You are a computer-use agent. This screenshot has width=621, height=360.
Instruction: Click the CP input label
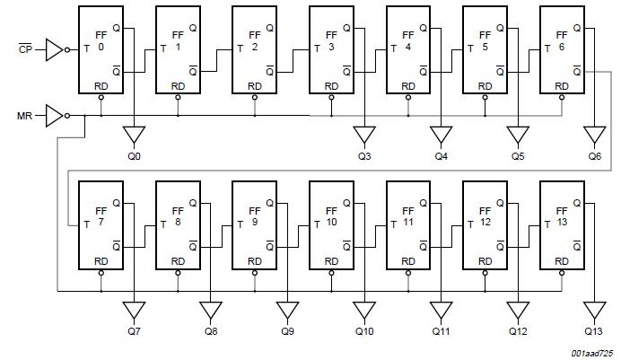25,49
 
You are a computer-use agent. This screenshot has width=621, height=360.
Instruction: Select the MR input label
24,116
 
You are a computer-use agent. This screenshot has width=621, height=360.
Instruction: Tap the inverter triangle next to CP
54,50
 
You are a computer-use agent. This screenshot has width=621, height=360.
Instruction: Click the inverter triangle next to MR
54,116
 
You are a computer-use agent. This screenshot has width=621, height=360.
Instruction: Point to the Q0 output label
134,156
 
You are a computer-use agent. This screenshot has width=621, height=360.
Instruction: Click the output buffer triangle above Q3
364,135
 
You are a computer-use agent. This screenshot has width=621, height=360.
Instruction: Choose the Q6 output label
594,156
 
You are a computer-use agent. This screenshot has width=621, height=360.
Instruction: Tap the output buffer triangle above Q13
594,310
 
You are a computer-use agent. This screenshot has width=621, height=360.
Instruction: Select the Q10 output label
364,331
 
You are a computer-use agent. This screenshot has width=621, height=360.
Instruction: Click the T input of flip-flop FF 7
86,225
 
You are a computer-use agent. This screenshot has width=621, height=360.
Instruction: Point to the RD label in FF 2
255,86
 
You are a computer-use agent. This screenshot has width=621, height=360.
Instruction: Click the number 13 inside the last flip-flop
562,222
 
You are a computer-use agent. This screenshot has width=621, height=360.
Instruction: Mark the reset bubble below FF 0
101,97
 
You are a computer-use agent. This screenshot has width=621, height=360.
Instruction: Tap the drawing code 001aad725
591,353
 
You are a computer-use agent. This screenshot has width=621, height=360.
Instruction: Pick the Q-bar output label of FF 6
577,71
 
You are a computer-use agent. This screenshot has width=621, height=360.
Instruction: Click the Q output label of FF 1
193,28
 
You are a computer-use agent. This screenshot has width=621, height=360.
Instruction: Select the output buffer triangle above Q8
211,310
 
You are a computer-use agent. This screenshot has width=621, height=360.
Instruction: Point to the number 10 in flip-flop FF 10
331,222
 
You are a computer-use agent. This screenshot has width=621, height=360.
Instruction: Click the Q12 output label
518,331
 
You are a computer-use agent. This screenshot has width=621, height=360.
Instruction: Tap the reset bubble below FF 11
408,273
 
